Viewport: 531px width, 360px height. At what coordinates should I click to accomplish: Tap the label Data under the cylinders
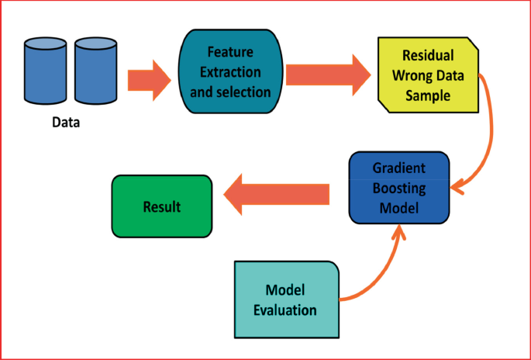pos(66,122)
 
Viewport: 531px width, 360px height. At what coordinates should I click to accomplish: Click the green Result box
pos(161,206)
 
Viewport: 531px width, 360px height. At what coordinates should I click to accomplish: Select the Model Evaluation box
pos(285,299)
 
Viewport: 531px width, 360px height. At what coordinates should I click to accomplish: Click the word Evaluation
pos(285,310)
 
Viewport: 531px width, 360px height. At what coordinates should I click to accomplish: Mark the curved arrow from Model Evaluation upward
pos(380,272)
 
